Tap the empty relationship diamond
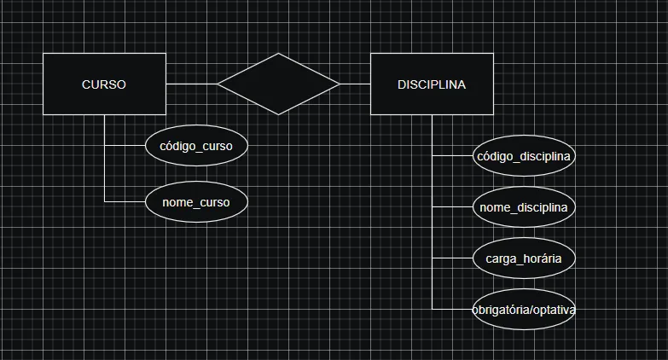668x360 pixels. (x=278, y=84)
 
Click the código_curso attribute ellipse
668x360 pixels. (x=196, y=146)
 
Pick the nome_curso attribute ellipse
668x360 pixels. (x=196, y=202)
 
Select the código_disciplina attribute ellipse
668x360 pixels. (x=524, y=156)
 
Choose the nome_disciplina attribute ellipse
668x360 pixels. (x=524, y=207)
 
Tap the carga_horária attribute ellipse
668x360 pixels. (x=524, y=258)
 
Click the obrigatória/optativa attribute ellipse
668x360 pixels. (x=524, y=310)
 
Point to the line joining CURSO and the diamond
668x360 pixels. (x=191, y=84)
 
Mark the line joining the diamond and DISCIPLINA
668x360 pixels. (x=355, y=84)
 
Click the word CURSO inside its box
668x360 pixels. (x=104, y=84)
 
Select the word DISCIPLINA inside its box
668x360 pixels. (x=432, y=84)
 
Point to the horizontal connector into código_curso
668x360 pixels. (x=125, y=146)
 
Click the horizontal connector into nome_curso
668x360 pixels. (x=125, y=201)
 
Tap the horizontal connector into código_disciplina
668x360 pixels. (x=452, y=156)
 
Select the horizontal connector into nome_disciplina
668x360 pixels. (x=452, y=207)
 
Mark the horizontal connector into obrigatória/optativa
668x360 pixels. (x=452, y=309)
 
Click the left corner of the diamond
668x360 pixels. (x=218, y=84)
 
